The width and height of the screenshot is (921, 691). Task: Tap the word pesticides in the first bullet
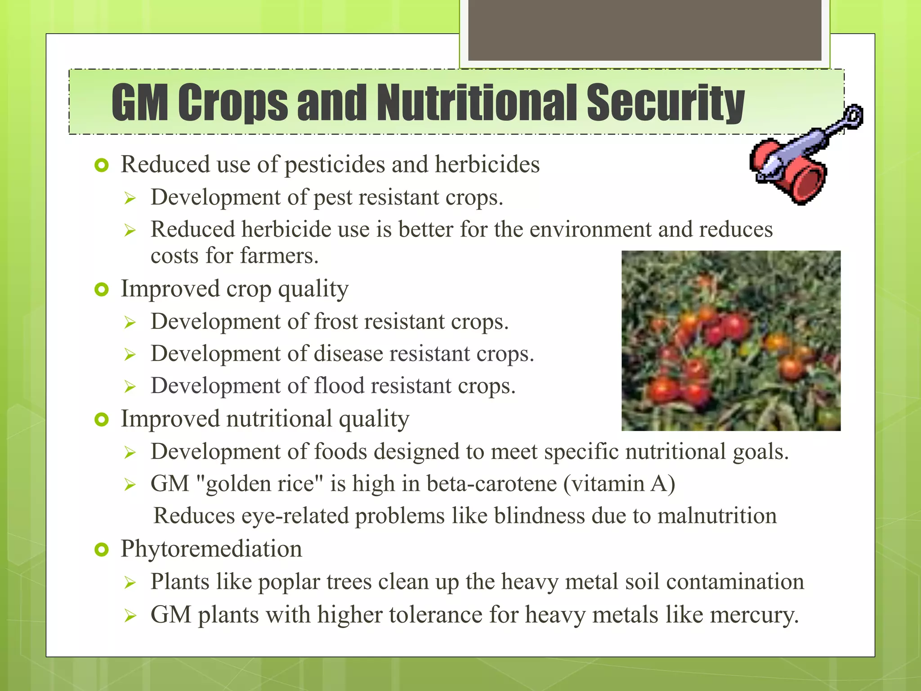click(335, 165)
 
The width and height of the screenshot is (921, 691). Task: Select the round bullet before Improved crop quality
click(102, 290)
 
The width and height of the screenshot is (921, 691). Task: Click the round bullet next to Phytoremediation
click(102, 549)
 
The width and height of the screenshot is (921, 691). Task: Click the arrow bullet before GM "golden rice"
click(130, 485)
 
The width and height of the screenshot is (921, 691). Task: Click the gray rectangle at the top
click(644, 30)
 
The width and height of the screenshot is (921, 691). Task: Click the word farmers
click(279, 256)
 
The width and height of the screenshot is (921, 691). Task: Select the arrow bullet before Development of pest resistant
click(130, 198)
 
